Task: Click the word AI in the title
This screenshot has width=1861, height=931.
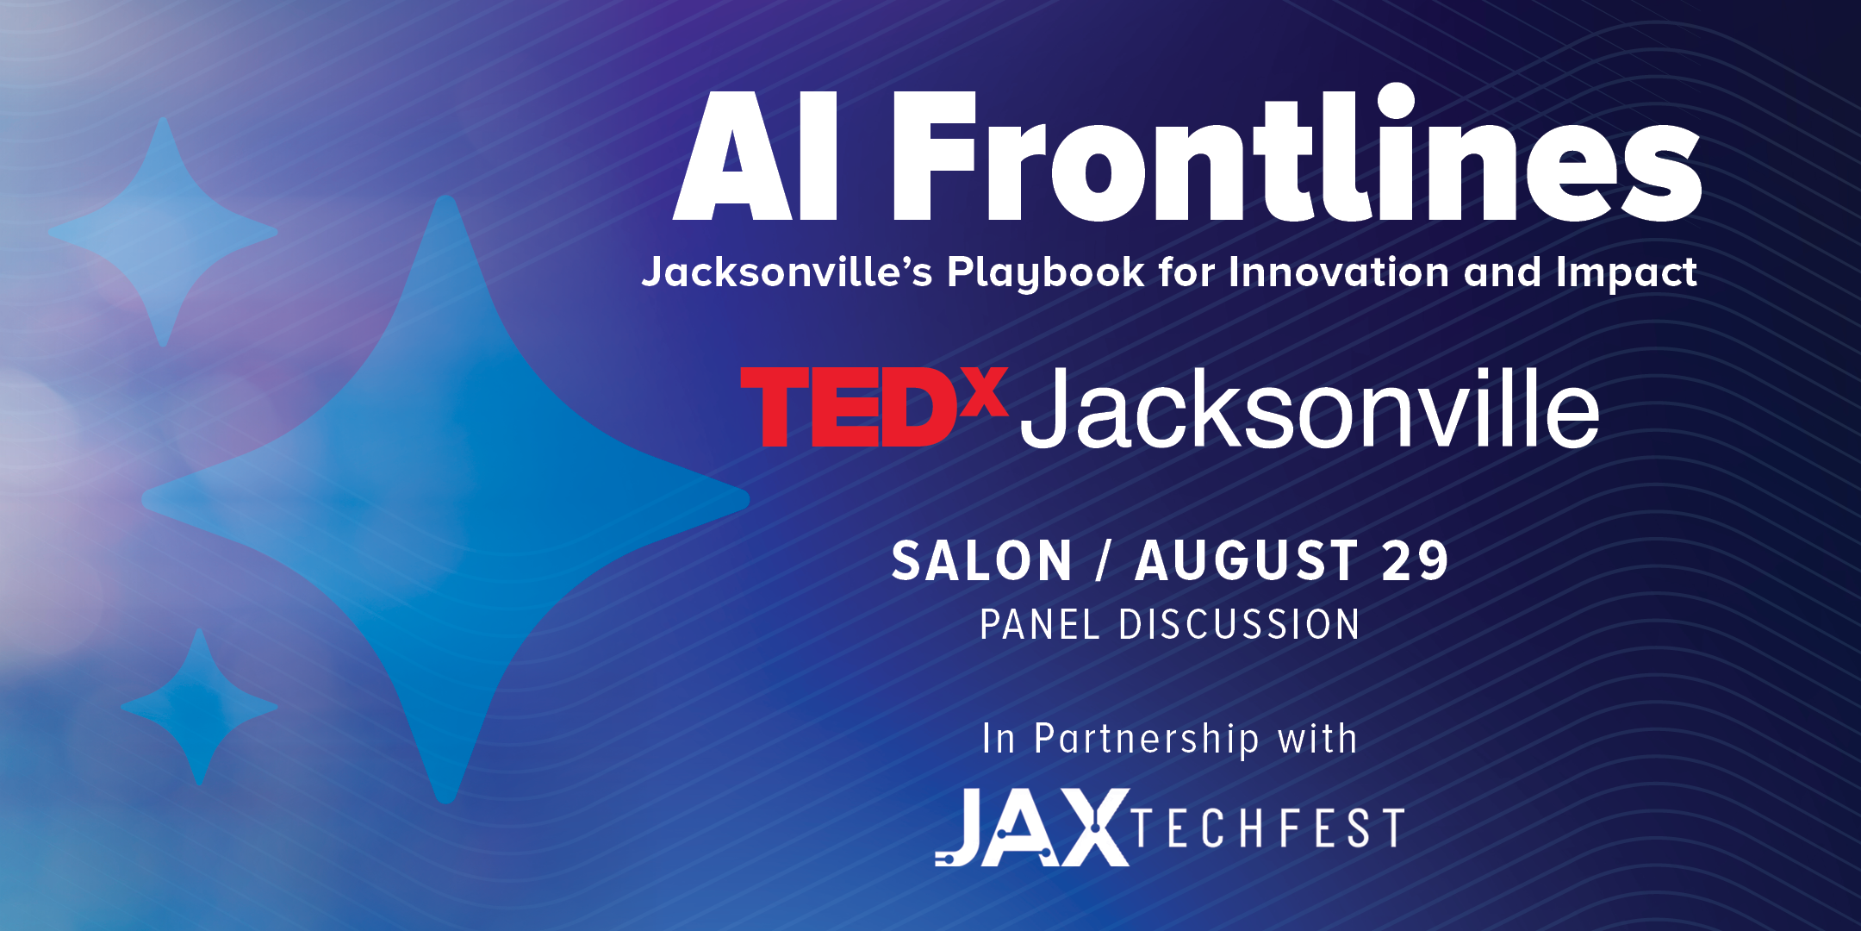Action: [756, 156]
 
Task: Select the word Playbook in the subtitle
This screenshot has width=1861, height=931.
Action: [1046, 272]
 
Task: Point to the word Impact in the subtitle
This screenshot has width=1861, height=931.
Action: [1627, 273]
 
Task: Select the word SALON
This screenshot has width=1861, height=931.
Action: [981, 561]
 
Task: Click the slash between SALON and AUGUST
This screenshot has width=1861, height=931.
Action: [1103, 561]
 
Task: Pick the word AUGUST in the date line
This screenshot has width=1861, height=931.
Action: [1247, 561]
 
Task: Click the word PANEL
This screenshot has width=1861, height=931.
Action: [1040, 624]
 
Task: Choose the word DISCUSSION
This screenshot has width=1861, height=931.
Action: [1239, 624]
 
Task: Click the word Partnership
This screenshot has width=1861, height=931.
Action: [1147, 740]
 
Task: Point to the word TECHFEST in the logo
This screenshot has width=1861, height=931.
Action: [1269, 828]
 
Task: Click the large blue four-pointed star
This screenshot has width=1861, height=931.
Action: [445, 499]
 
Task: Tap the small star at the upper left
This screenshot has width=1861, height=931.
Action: [163, 232]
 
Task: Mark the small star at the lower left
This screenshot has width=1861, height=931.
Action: [199, 707]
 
